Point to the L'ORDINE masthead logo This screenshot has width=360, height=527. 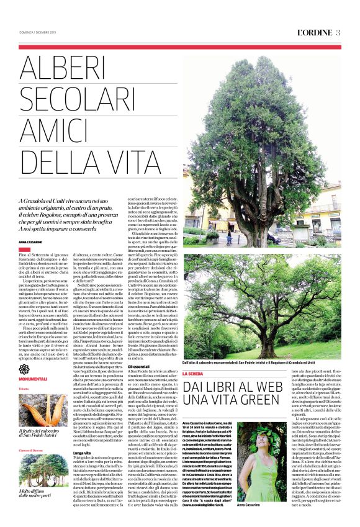click(x=313, y=33)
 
